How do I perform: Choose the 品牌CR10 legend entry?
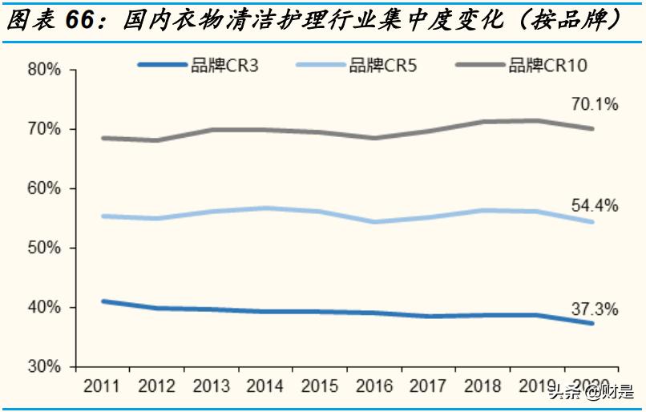pyautogui.click(x=548, y=66)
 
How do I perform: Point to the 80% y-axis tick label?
pyautogui.click(x=45, y=70)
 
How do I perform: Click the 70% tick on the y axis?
pyautogui.click(x=45, y=129)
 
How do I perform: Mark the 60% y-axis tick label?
pyautogui.click(x=45, y=189)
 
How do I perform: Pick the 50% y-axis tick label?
pyautogui.click(x=45, y=248)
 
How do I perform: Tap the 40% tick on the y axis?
pyautogui.click(x=45, y=308)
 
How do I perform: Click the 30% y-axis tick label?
pyautogui.click(x=45, y=367)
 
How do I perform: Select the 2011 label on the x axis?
pyautogui.click(x=101, y=387)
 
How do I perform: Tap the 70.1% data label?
pyautogui.click(x=595, y=104)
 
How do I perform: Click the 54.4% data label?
pyautogui.click(x=595, y=206)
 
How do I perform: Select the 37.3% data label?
pyautogui.click(x=595, y=308)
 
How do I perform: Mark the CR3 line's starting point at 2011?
pyautogui.click(x=103, y=301)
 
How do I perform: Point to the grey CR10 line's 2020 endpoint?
pyautogui.click(x=591, y=128)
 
